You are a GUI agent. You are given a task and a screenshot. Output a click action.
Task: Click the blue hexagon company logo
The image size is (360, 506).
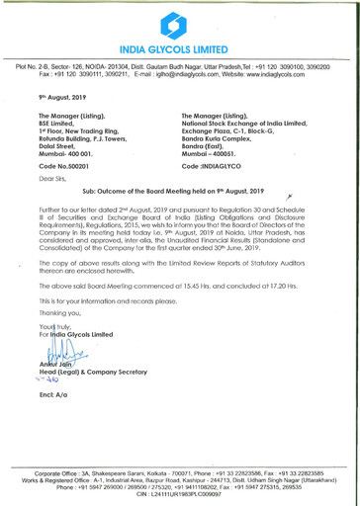(179, 21)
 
